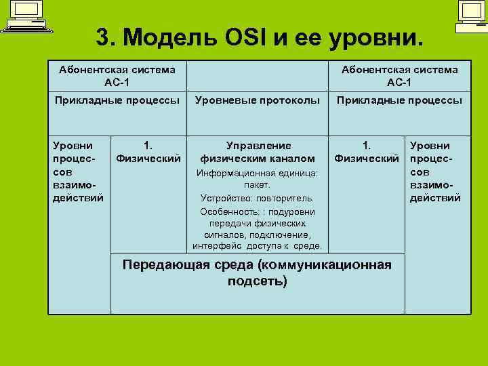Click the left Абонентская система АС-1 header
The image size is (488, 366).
pos(117,75)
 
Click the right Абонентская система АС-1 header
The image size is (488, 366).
pos(399,75)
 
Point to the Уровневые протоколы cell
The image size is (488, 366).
pos(258,100)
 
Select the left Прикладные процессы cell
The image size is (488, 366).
pos(117,100)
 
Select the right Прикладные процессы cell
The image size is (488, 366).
pos(399,100)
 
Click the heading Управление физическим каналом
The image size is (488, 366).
pos(258,152)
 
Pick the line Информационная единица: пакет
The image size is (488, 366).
pos(258,178)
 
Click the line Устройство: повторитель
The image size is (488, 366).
pos(258,198)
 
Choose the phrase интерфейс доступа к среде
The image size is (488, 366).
pos(258,245)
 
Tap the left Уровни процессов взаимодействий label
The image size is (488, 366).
pos(78,171)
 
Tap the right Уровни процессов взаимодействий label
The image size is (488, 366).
pos(435,171)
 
